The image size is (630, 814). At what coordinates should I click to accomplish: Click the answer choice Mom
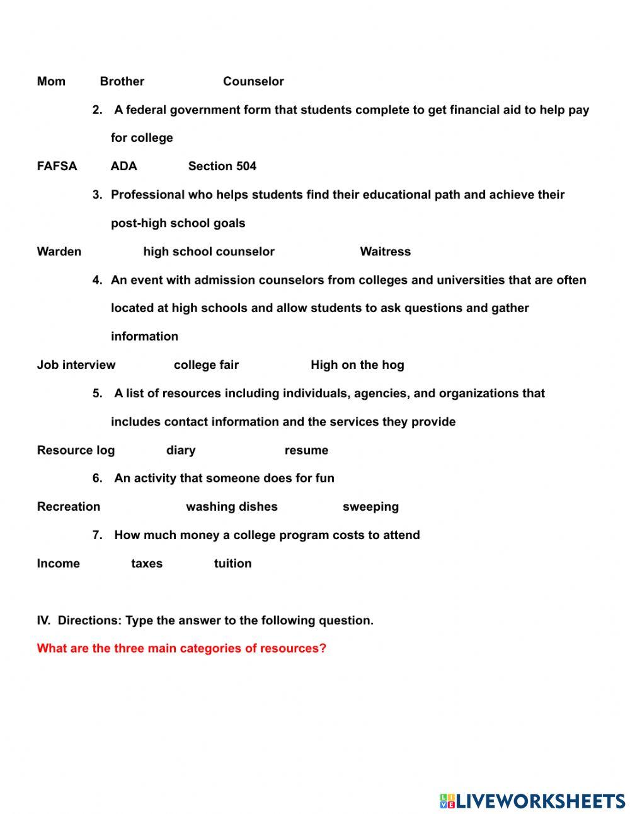[51, 81]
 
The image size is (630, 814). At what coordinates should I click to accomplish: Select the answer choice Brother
[122, 81]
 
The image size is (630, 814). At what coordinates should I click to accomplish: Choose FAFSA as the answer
[57, 166]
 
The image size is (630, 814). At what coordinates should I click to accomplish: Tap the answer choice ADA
[123, 166]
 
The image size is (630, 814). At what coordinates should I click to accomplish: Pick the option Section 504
[222, 166]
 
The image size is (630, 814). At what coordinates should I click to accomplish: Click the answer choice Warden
[59, 252]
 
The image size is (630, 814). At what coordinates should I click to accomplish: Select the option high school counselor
[209, 252]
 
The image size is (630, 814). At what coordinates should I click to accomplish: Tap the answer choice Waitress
[385, 252]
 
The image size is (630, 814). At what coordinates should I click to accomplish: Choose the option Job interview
[76, 365]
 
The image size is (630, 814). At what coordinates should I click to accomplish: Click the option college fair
[206, 365]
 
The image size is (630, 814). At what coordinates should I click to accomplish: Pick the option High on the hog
[357, 365]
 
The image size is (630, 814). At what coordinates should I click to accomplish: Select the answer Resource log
[76, 450]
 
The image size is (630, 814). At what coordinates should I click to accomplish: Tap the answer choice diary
[181, 450]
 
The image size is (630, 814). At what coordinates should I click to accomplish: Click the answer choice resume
[306, 450]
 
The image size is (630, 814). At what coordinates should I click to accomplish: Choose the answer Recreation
[68, 507]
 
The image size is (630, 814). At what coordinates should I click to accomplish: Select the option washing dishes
[231, 507]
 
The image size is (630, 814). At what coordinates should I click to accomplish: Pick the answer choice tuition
[232, 564]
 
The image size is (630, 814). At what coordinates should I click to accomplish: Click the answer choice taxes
[147, 564]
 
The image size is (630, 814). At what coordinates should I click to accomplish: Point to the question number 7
[97, 535]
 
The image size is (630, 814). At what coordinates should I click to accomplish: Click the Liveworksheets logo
[532, 801]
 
